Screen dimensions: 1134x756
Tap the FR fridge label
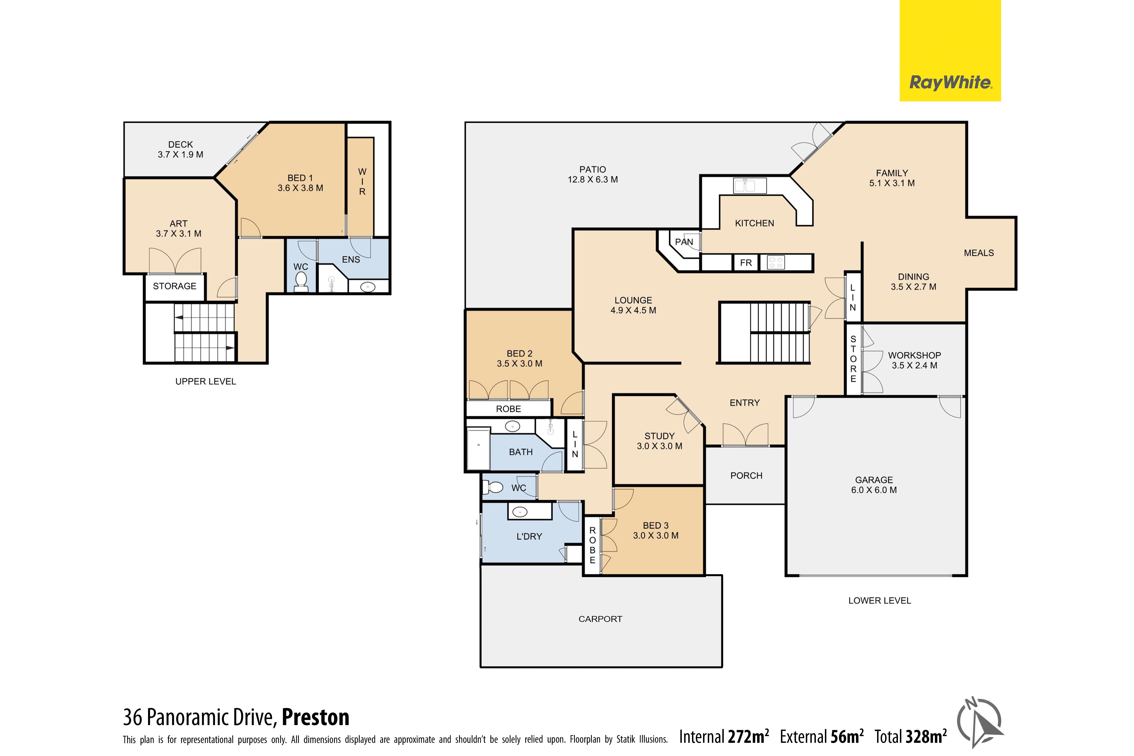[x=746, y=263]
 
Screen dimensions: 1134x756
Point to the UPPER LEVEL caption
[x=205, y=381]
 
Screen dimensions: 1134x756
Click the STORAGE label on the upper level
[x=175, y=286]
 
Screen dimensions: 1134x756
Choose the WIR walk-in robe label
[x=362, y=181]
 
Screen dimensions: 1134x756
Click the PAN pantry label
[x=684, y=242]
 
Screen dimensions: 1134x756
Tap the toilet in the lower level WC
[x=494, y=487]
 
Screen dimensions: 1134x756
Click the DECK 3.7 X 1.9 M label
[x=180, y=149]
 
